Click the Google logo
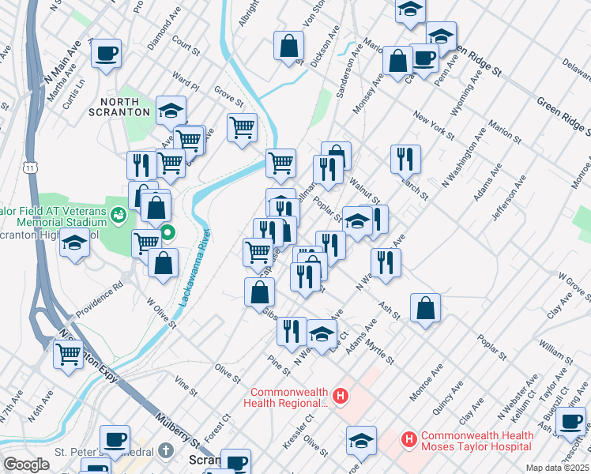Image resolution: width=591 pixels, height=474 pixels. pyautogui.click(x=26, y=465)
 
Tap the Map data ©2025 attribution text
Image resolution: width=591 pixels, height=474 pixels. pyautogui.click(x=558, y=468)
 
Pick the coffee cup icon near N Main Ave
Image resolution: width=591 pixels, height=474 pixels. pyautogui.click(x=106, y=53)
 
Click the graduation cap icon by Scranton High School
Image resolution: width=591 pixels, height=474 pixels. pyautogui.click(x=74, y=243)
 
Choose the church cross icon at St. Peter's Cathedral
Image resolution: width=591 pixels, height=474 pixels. pyautogui.click(x=164, y=451)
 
